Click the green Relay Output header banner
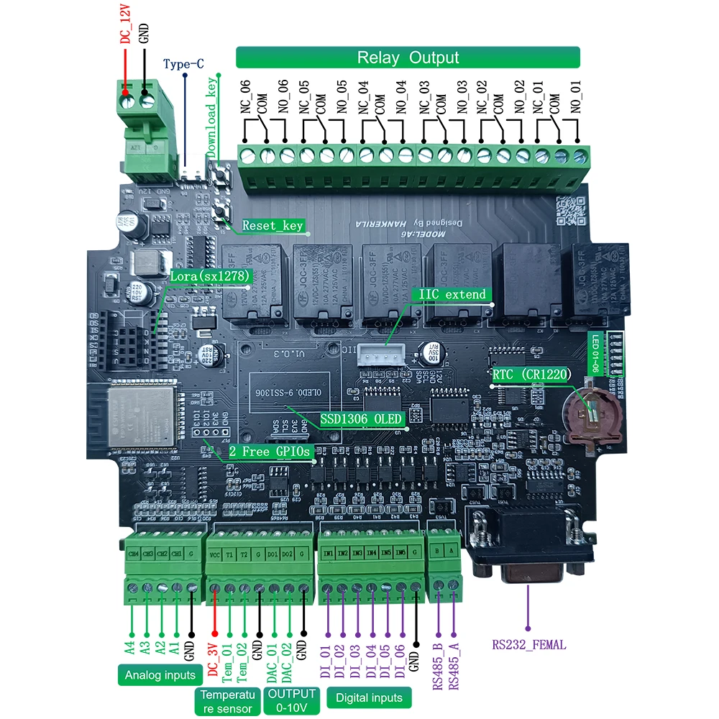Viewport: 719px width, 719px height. click(408, 58)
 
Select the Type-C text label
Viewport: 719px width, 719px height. click(184, 64)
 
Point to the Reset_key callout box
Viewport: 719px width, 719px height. click(273, 226)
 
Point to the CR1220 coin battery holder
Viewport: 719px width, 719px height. click(587, 414)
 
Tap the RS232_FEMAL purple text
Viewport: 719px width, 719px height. click(528, 645)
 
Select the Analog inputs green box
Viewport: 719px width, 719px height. click(159, 675)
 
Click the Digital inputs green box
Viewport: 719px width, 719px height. click(369, 697)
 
